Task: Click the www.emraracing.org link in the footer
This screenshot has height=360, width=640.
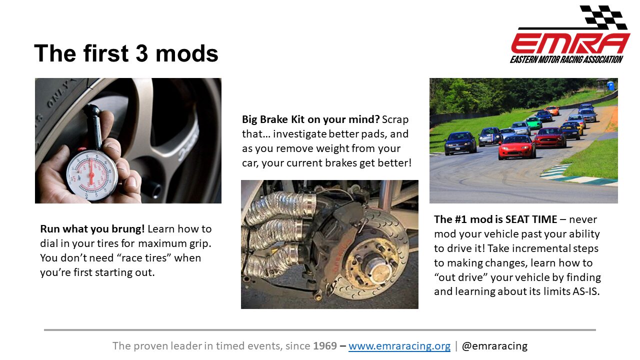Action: coord(399,346)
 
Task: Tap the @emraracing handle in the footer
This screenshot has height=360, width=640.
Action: coord(494,346)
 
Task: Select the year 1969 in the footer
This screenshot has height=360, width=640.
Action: coord(325,345)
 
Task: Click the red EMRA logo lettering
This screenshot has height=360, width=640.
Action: coord(570,43)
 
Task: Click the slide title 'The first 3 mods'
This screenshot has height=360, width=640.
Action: coord(126,53)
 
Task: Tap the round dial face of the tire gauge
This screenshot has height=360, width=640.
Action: coord(91,174)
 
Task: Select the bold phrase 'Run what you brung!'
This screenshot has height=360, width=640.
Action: coord(92,229)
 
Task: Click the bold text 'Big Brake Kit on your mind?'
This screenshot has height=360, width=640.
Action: coord(311,119)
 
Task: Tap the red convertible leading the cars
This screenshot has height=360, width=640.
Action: coord(516,147)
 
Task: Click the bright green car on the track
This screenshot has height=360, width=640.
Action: coord(533,123)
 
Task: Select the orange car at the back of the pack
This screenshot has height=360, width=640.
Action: coord(551,110)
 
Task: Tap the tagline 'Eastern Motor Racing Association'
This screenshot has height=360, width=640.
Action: coord(566,59)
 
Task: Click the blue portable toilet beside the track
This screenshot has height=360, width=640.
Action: coord(610,85)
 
